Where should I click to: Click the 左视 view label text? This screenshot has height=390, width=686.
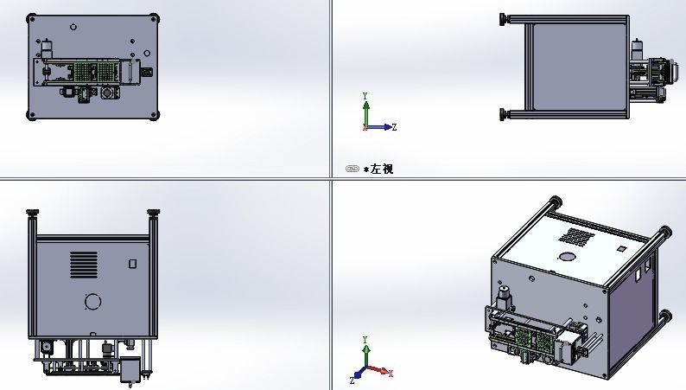[381, 169]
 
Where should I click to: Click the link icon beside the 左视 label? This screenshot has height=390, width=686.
[353, 169]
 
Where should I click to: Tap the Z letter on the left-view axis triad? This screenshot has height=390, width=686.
[394, 127]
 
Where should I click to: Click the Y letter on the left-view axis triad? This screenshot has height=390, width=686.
[365, 95]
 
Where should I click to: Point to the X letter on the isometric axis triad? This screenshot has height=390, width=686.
[391, 374]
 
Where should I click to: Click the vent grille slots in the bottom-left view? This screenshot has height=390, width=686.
[84, 264]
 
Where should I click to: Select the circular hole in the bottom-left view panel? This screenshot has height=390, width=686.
[92, 302]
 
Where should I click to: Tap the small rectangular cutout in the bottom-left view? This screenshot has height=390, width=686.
[132, 264]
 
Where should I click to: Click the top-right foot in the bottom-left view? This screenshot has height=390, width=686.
[154, 213]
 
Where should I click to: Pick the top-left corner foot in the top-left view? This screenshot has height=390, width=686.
[32, 17]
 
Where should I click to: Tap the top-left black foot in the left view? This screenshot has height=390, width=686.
[504, 17]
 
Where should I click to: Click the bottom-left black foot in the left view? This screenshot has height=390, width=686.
[504, 113]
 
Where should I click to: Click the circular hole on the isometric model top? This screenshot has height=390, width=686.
[567, 256]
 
